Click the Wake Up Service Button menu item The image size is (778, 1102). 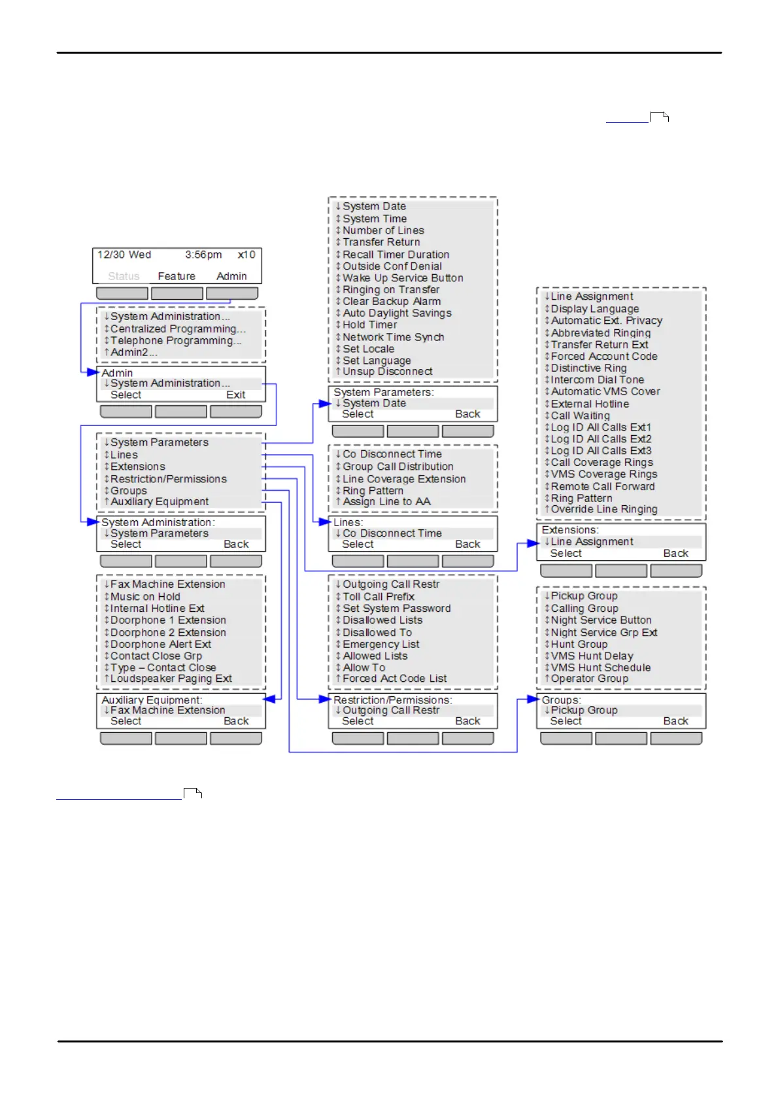click(403, 278)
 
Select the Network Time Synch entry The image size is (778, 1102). click(393, 337)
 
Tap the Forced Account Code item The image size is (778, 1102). click(603, 357)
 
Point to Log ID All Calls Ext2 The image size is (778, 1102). click(601, 439)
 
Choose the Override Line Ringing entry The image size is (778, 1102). click(603, 509)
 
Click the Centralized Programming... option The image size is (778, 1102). click(178, 329)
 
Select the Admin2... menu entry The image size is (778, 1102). click(133, 352)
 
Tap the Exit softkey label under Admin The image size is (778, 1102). click(235, 395)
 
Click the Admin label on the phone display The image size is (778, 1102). click(231, 276)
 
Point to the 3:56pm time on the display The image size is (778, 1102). click(203, 255)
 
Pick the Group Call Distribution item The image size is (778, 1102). click(397, 467)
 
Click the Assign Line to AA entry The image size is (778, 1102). click(386, 502)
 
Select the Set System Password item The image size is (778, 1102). click(396, 609)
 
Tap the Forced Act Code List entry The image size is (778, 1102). click(394, 679)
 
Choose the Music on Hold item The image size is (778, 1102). click(145, 597)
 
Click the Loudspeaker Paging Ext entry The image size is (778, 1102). click(171, 679)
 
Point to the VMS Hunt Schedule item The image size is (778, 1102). click(600, 667)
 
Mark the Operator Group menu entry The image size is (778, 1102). click(589, 679)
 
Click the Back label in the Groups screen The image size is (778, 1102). click(675, 721)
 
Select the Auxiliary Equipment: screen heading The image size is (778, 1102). click(152, 700)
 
